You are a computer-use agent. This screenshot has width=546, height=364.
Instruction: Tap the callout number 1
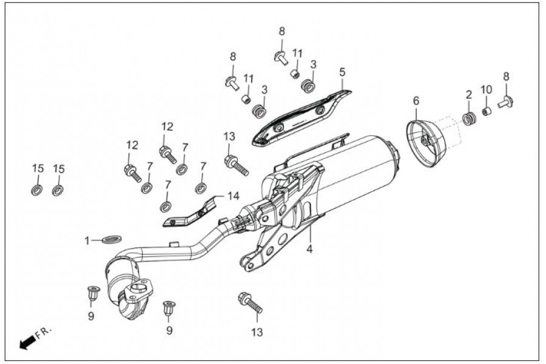(x=87, y=241)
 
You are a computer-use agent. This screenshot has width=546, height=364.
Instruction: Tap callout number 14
(x=234, y=196)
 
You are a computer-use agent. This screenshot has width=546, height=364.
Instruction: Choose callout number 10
(x=487, y=90)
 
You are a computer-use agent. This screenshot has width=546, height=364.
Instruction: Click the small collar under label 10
(x=487, y=111)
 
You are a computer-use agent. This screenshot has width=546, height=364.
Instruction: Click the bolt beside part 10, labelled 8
(x=506, y=101)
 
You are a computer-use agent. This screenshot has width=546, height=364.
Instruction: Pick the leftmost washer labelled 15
(x=37, y=190)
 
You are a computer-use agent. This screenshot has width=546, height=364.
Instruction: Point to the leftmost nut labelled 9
(x=93, y=293)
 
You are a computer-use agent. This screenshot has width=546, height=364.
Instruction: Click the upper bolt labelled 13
(x=235, y=164)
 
